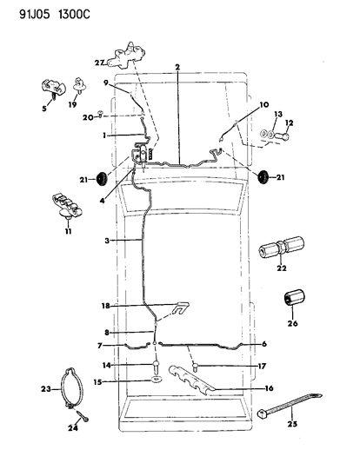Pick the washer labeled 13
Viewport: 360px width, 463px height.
point(264,136)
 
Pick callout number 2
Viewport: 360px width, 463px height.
point(177,66)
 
